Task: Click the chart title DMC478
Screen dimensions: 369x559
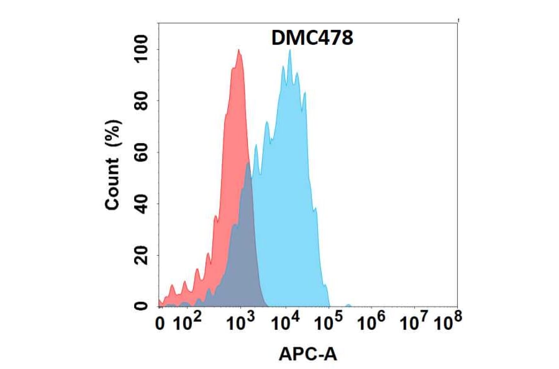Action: (312, 39)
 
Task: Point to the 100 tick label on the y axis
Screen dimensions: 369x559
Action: (143, 50)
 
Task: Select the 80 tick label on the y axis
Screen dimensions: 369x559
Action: (143, 101)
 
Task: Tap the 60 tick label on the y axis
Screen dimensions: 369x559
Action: (143, 152)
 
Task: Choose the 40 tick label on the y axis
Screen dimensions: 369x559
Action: (143, 204)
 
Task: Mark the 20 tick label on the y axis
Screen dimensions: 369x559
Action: (143, 255)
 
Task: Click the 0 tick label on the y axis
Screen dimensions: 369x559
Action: (143, 306)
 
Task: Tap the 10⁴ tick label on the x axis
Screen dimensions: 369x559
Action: (287, 322)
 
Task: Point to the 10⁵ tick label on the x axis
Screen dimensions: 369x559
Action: (329, 322)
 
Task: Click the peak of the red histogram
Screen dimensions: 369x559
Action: (239, 51)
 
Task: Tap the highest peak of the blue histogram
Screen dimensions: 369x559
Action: (289, 51)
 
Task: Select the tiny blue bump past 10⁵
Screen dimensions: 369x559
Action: (348, 305)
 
